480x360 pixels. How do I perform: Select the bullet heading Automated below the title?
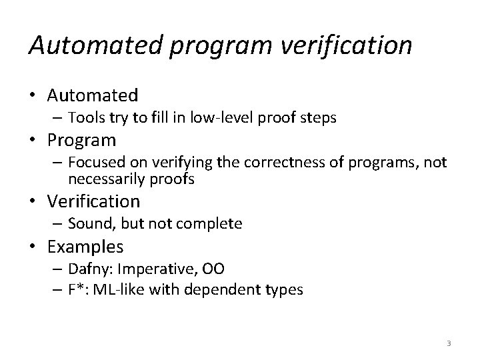[x=93, y=95]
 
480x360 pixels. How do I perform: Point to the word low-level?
[x=237, y=118]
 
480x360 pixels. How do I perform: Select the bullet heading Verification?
[x=93, y=201]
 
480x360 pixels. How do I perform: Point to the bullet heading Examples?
[x=85, y=247]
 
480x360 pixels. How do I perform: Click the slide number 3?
[x=449, y=343]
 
